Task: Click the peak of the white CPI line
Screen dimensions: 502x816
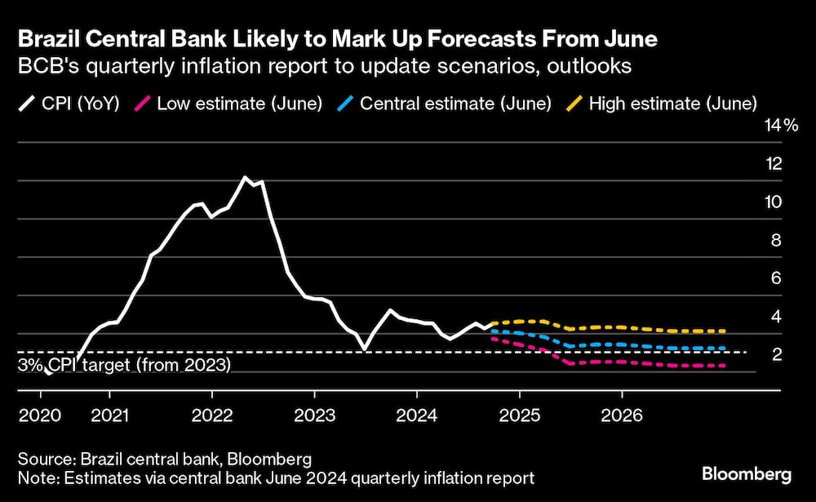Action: [245, 177]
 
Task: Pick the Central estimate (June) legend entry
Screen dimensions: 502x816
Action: [445, 104]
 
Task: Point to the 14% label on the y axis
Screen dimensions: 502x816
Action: [779, 125]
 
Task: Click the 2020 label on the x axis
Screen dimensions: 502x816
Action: [39, 415]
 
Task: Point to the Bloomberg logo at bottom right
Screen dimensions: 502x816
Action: [746, 473]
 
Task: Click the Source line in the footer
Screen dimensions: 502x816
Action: [164, 459]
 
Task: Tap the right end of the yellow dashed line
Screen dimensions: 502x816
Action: [725, 331]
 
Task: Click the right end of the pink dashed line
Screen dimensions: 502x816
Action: [725, 366]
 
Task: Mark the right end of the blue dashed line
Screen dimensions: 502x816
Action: [725, 349]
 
